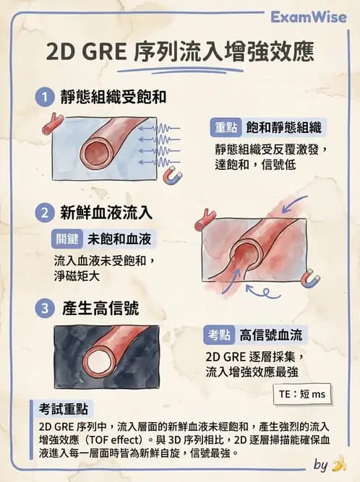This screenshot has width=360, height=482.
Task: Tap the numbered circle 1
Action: (x=45, y=96)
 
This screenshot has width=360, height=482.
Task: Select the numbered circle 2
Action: (x=45, y=212)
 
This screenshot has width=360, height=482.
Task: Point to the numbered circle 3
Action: (x=45, y=309)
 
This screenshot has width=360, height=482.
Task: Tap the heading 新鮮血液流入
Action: (x=106, y=212)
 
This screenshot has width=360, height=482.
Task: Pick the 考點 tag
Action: (x=220, y=334)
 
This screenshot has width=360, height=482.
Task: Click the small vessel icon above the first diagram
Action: (x=51, y=124)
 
